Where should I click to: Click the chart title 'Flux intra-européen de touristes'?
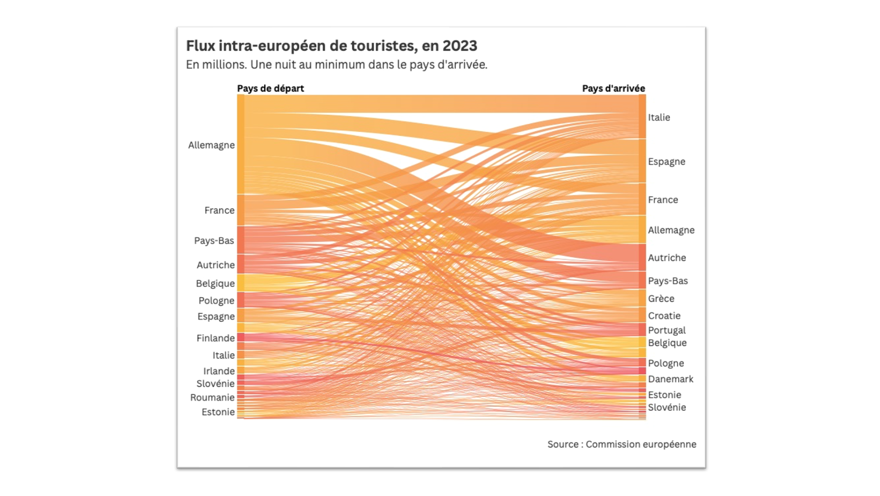[x=299, y=46]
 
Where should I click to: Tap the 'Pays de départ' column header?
[x=270, y=88]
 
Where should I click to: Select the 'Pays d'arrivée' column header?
[x=613, y=88]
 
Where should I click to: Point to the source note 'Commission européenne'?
[x=640, y=444]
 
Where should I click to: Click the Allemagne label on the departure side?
[x=211, y=145]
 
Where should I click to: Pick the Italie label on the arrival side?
[x=659, y=118]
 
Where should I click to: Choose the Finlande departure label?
[x=215, y=338]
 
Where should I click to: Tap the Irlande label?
[x=219, y=371]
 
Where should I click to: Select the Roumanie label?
[x=212, y=398]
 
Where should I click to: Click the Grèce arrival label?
[x=661, y=299]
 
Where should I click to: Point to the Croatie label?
[x=664, y=316]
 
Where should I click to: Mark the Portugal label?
[x=667, y=331]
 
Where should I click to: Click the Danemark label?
[x=670, y=379]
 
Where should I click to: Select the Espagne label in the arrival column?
[x=666, y=162]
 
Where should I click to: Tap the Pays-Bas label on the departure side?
[x=214, y=241]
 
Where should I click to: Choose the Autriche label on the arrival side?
[x=667, y=258]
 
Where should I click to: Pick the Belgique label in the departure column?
[x=215, y=284]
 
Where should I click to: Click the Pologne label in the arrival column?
[x=666, y=363]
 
